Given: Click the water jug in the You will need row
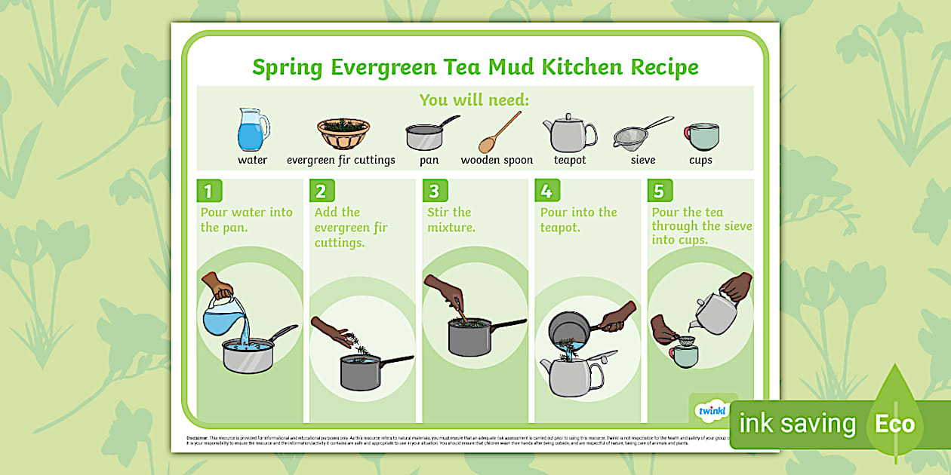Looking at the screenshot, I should pyautogui.click(x=252, y=130).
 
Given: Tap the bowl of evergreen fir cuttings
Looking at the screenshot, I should pyautogui.click(x=343, y=133).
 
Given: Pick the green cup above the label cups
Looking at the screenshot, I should pyautogui.click(x=702, y=136).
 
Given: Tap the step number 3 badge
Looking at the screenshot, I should pyautogui.click(x=433, y=191).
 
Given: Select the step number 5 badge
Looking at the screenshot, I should pyautogui.click(x=659, y=191).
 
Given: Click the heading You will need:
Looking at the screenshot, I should pyautogui.click(x=475, y=100).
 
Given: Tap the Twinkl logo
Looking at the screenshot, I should pyautogui.click(x=710, y=411).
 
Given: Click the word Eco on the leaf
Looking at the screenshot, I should pyautogui.click(x=894, y=424).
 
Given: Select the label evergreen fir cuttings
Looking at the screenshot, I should pyautogui.click(x=340, y=160).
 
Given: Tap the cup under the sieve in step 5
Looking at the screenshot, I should pyautogui.click(x=685, y=355).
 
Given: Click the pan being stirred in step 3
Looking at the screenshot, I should pyautogui.click(x=469, y=337).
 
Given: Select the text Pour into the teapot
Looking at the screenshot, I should pyautogui.click(x=578, y=219).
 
